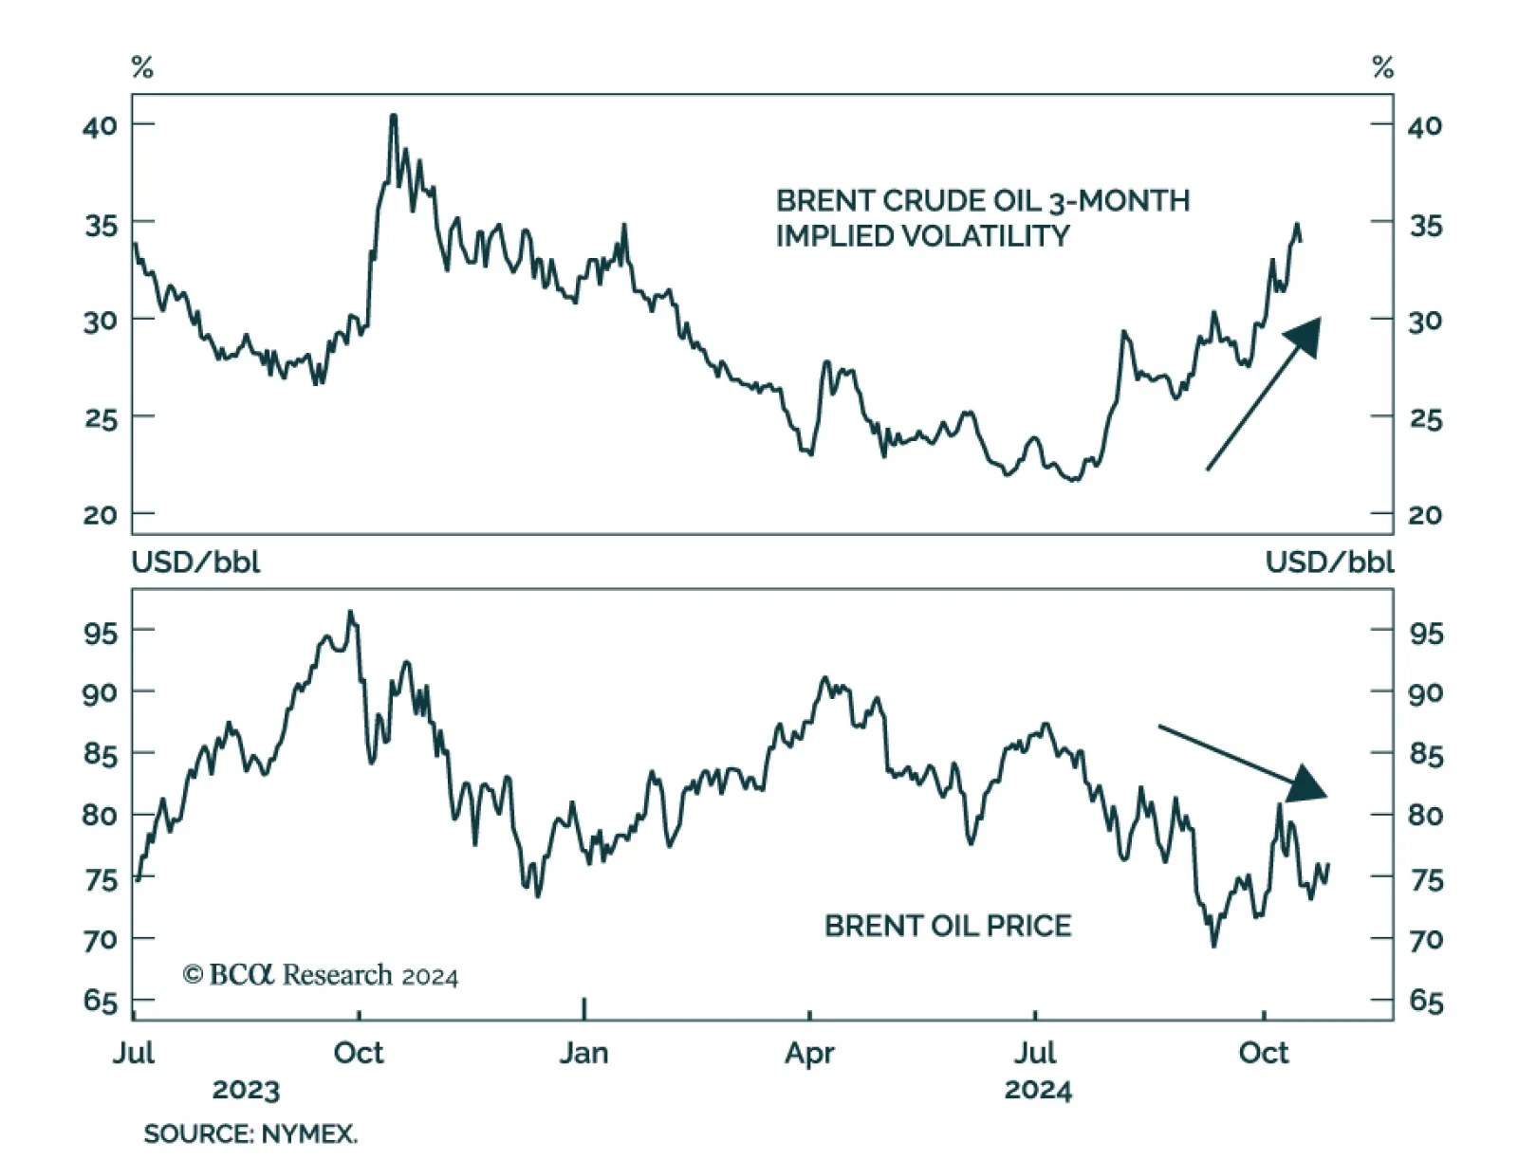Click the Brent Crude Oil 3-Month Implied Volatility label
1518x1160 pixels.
[x=982, y=217]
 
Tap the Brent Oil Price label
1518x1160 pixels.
[x=947, y=925]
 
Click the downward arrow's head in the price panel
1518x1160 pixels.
[x=1309, y=784]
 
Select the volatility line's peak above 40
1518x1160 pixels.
[x=393, y=118]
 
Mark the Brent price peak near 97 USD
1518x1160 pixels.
[x=350, y=613]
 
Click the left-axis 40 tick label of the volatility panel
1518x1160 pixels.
[x=100, y=125]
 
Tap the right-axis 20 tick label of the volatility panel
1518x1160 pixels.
[x=1425, y=515]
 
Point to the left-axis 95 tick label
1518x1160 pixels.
[x=100, y=632]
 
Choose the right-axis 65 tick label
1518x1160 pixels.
[x=1425, y=1001]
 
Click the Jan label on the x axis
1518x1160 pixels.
[x=583, y=1053]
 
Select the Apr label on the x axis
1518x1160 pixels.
[x=809, y=1053]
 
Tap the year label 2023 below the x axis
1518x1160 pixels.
[x=246, y=1090]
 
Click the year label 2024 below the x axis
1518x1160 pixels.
[x=1038, y=1090]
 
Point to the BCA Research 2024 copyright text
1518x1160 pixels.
[x=321, y=975]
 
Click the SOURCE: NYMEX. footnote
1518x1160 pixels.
[x=250, y=1133]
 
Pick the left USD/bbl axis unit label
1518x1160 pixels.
[x=195, y=562]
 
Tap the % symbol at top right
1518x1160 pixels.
[x=1382, y=67]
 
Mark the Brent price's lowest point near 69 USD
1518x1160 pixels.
[x=1213, y=945]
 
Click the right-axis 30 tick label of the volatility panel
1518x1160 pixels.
[x=1425, y=321]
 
